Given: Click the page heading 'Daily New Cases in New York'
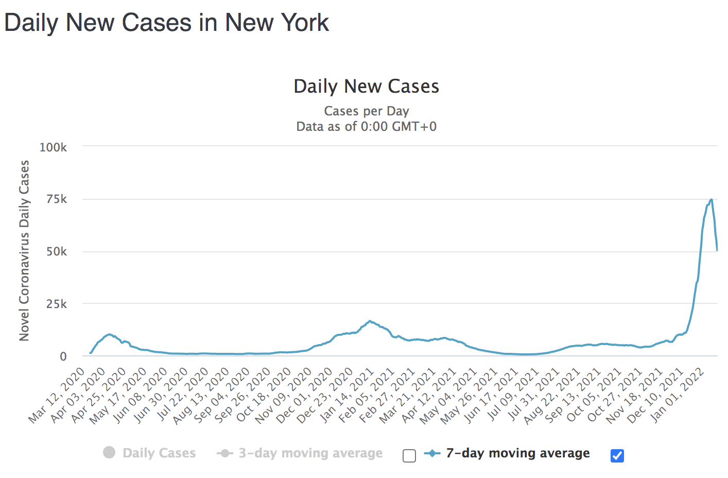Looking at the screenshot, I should click(x=166, y=23).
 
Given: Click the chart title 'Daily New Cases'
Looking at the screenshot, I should click(x=366, y=87).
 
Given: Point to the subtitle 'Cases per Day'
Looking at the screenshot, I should click(x=366, y=111).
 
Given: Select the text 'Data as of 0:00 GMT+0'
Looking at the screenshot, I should click(x=366, y=127).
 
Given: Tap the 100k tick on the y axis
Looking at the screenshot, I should click(x=53, y=148).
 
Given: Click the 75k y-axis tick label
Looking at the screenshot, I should click(x=56, y=199).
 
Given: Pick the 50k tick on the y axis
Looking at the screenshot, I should click(x=56, y=252).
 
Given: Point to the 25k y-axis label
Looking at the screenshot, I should click(x=56, y=304).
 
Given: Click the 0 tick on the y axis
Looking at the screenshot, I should click(x=63, y=356).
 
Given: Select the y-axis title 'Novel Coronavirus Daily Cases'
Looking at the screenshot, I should click(x=24, y=250).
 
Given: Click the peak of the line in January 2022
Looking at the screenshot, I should click(x=711, y=199).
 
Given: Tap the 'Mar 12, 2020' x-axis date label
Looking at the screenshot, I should click(x=57, y=396).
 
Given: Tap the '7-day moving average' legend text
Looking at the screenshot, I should click(x=517, y=453).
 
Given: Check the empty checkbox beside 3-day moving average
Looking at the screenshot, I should click(x=409, y=456).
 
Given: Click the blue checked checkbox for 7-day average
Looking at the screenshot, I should click(x=617, y=456).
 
